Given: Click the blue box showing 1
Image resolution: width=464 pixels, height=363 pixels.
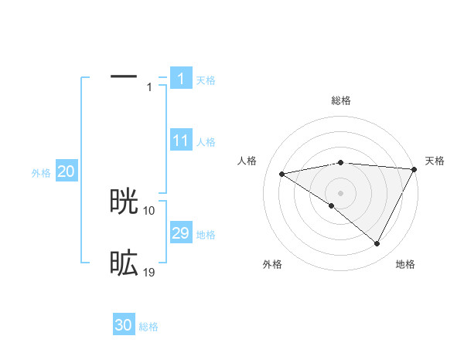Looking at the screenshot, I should (180, 79).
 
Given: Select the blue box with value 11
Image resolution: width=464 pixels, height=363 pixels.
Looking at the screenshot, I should (181, 141).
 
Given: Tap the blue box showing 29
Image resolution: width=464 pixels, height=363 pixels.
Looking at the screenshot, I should (181, 233).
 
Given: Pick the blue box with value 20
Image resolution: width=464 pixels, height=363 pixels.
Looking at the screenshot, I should (66, 171).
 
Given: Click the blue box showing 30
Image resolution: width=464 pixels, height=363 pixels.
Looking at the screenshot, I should (124, 325).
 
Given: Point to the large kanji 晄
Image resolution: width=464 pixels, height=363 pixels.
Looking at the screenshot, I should (124, 202).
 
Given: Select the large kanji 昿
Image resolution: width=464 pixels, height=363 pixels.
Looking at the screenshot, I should (124, 264).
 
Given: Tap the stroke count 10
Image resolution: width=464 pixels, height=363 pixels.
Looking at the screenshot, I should (149, 210).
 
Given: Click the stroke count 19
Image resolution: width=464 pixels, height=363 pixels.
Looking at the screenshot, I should (149, 272).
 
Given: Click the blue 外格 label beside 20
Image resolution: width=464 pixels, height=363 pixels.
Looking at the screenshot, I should (41, 173).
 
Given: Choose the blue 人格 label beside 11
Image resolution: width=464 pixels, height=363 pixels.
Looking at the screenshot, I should (206, 142).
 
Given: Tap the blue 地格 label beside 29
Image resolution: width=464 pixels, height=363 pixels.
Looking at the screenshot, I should (206, 235).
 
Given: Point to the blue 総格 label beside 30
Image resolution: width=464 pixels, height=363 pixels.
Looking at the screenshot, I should (148, 327).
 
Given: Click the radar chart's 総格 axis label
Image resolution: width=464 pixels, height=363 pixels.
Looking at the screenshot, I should (340, 100).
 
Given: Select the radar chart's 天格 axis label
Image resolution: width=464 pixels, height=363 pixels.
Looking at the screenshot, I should (435, 161).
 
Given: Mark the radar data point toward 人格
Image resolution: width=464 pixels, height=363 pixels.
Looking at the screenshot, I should (282, 174).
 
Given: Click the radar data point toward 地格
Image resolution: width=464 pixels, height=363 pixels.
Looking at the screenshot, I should (377, 244).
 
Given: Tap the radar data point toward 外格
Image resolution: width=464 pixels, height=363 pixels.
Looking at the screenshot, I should (331, 205).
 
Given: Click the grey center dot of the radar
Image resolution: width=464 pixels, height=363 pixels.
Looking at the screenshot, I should (340, 192).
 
